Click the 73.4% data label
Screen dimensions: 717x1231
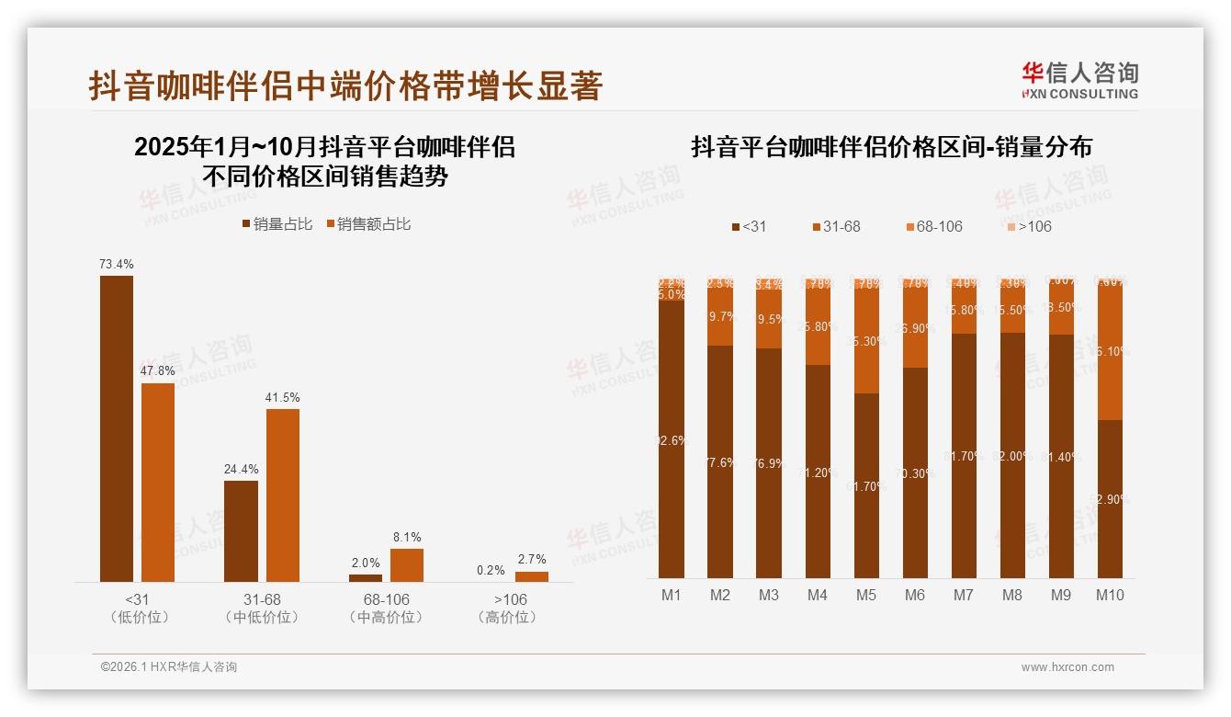coord(117,264)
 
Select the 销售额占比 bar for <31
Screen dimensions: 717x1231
coord(158,482)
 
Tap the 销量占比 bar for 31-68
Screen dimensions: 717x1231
coord(241,530)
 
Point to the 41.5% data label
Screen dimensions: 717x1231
coord(283,397)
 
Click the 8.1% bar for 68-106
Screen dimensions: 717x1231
coord(407,565)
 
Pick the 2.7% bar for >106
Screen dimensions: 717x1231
coord(532,576)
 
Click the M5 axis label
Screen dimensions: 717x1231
coord(865,595)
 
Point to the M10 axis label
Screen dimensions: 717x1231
coord(1110,595)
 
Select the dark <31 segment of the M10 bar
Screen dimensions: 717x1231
coord(1110,498)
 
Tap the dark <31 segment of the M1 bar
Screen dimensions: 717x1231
coord(672,439)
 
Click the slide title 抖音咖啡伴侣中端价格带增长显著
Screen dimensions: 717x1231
coord(345,85)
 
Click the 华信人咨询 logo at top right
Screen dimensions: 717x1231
coord(1079,80)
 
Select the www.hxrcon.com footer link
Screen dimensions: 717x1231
coord(1067,667)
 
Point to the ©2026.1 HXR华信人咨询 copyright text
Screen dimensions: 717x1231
coord(169,667)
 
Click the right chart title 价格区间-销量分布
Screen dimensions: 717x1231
coord(891,147)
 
